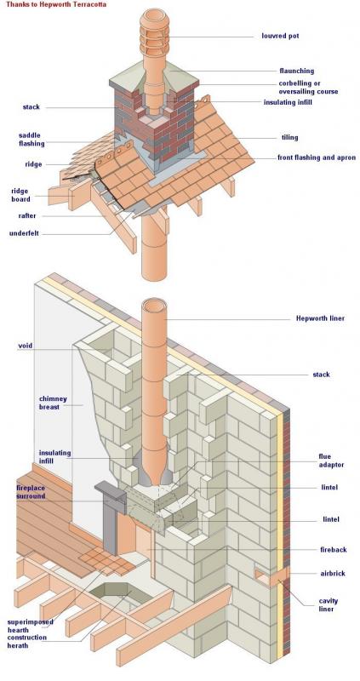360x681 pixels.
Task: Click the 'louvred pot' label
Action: tap(280, 36)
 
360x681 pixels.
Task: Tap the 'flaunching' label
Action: tap(297, 71)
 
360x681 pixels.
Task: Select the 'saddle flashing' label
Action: tap(31, 140)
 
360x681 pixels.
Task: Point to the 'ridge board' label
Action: tap(20, 195)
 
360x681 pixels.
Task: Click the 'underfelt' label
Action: tap(24, 233)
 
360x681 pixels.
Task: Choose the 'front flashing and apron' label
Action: tap(317, 157)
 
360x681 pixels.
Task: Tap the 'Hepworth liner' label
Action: tap(321, 318)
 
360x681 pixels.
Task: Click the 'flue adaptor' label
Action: tap(331, 461)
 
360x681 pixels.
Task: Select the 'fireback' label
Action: tap(334, 550)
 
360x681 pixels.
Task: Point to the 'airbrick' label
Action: tap(333, 573)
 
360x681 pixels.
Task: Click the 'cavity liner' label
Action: tap(328, 605)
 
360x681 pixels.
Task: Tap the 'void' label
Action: tap(26, 346)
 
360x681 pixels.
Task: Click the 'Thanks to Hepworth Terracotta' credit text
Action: tap(56, 4)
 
